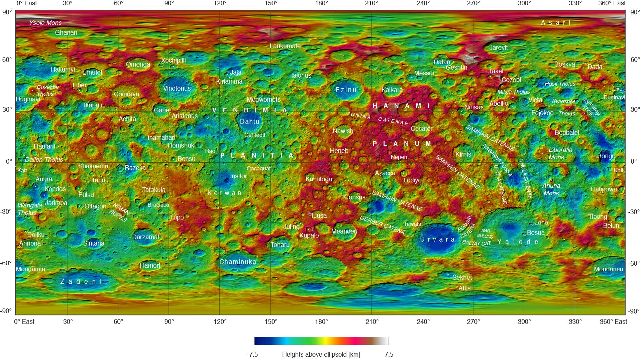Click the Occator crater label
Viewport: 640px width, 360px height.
421,129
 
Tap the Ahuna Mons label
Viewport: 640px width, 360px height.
551,189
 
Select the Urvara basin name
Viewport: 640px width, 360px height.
437,240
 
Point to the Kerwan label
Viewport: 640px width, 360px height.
224,193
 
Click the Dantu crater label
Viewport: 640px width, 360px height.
249,122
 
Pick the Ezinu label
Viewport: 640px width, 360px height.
346,90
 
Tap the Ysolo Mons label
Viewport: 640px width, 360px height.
45,23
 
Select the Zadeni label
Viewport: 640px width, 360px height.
82,282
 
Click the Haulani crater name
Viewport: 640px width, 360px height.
44,147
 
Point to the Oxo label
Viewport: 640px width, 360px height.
617,89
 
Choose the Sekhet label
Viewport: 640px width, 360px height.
462,277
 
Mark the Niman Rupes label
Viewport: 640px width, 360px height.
120,212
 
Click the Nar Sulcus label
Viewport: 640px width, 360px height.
485,233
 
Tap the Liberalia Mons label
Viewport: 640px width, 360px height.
560,154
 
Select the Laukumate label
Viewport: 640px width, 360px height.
285,46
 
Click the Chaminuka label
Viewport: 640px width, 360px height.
238,262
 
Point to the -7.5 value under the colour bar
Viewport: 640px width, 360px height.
252,355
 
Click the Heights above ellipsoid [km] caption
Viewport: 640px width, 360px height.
321,355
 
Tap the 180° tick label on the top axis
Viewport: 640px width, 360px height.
321,3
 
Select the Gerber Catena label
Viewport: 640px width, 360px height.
382,225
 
